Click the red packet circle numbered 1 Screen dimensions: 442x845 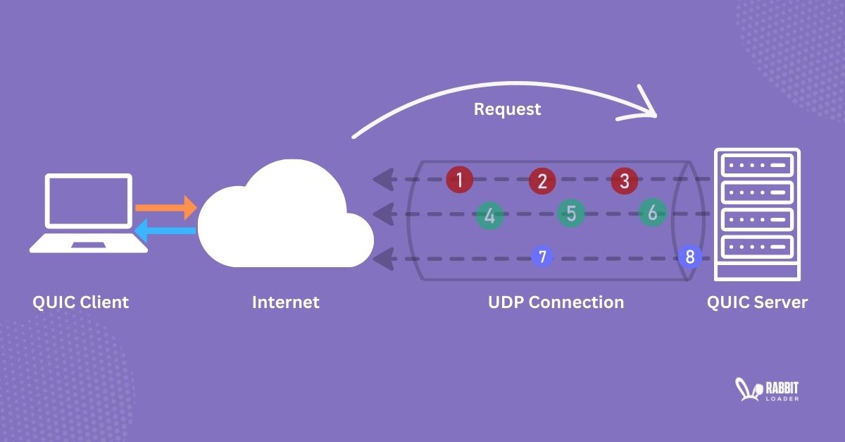(x=459, y=180)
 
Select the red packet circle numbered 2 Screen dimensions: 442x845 (x=542, y=180)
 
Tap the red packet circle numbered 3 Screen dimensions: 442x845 (x=624, y=180)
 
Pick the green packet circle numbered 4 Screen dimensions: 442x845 (x=489, y=216)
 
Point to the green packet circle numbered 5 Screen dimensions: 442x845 (x=571, y=213)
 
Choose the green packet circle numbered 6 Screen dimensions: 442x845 (x=653, y=212)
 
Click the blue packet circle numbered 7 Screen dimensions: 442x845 (x=542, y=257)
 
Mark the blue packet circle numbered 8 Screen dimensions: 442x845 (x=689, y=257)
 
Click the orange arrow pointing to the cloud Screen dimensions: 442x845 (x=165, y=208)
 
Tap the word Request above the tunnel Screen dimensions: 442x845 (x=507, y=109)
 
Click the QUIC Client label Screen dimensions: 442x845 (x=81, y=302)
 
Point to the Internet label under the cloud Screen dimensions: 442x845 (x=285, y=302)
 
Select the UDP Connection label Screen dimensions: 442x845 (x=556, y=302)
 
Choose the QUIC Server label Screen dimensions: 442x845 (x=757, y=302)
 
